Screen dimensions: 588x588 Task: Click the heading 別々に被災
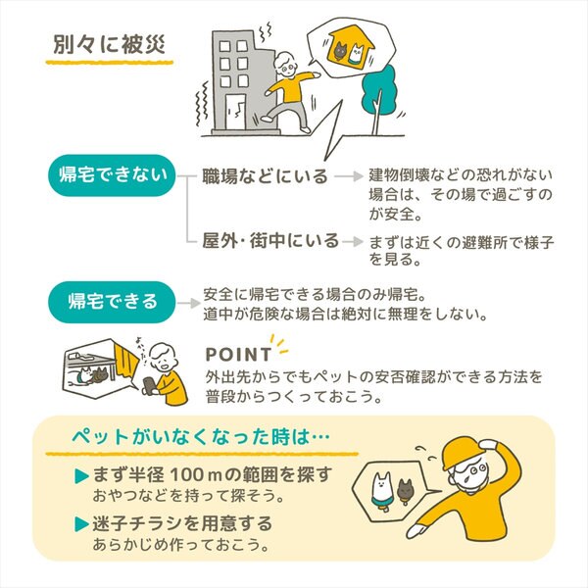click(109, 44)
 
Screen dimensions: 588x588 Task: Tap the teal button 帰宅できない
click(112, 175)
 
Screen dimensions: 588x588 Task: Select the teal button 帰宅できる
click(112, 302)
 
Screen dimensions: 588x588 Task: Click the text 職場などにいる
click(265, 175)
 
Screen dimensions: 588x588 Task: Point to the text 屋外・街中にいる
click(270, 240)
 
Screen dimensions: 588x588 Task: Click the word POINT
click(238, 355)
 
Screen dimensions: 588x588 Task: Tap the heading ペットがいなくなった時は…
click(201, 437)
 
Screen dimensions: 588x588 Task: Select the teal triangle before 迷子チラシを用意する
click(81, 524)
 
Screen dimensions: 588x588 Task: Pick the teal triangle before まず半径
click(81, 476)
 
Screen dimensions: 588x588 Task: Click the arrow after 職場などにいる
click(349, 175)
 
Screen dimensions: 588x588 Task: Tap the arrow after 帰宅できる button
click(189, 303)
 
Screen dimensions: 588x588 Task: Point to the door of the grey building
click(235, 112)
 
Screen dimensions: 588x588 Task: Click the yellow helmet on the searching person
click(465, 451)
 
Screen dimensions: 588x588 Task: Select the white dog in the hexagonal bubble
click(382, 491)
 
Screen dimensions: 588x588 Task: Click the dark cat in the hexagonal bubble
click(405, 491)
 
